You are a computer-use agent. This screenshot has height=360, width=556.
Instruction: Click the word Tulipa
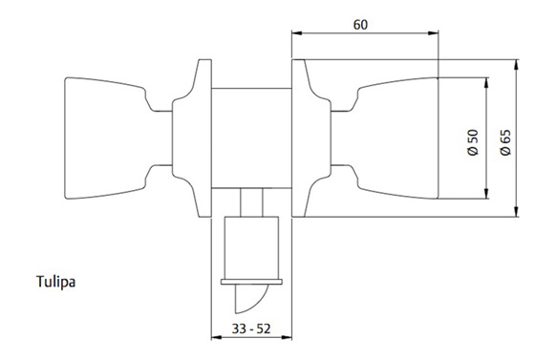point(56,282)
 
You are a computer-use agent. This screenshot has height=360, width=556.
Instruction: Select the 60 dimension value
point(360,25)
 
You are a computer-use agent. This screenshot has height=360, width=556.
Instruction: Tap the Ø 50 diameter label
point(473,142)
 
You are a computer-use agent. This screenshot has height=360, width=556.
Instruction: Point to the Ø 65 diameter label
point(505,142)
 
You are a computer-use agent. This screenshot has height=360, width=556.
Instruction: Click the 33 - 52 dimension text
point(251,328)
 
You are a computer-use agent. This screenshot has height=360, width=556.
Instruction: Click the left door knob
point(106,138)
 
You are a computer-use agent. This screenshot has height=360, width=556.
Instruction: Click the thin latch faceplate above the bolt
point(251,282)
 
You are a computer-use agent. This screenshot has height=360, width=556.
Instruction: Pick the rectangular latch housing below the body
point(251,248)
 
